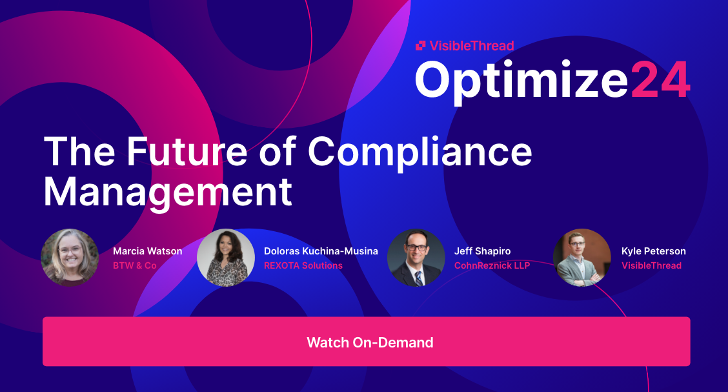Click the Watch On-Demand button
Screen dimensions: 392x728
tap(367, 342)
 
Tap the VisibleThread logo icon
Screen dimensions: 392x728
tap(420, 45)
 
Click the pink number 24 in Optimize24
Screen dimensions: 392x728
tap(660, 81)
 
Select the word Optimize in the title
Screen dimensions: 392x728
tap(521, 81)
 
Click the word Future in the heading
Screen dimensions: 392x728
tap(183, 152)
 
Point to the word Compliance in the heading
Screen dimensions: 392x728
tap(420, 152)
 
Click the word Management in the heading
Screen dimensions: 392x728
tap(168, 191)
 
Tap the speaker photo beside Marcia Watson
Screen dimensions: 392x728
tap(70, 257)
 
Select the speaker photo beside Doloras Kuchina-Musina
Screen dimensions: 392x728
tap(226, 257)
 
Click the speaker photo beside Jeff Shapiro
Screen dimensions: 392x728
tap(416, 257)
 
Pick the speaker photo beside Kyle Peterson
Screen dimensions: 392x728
tap(581, 257)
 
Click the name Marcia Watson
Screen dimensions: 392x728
tap(147, 251)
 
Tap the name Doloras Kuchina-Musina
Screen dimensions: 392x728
tap(321, 251)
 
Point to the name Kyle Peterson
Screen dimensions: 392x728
tap(653, 251)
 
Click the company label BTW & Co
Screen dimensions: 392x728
tap(134, 265)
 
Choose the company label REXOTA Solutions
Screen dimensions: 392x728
tap(303, 265)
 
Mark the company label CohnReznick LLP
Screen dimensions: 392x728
tap(492, 265)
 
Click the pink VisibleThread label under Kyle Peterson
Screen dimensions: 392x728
tap(651, 265)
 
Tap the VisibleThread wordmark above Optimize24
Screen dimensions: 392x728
tap(472, 45)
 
